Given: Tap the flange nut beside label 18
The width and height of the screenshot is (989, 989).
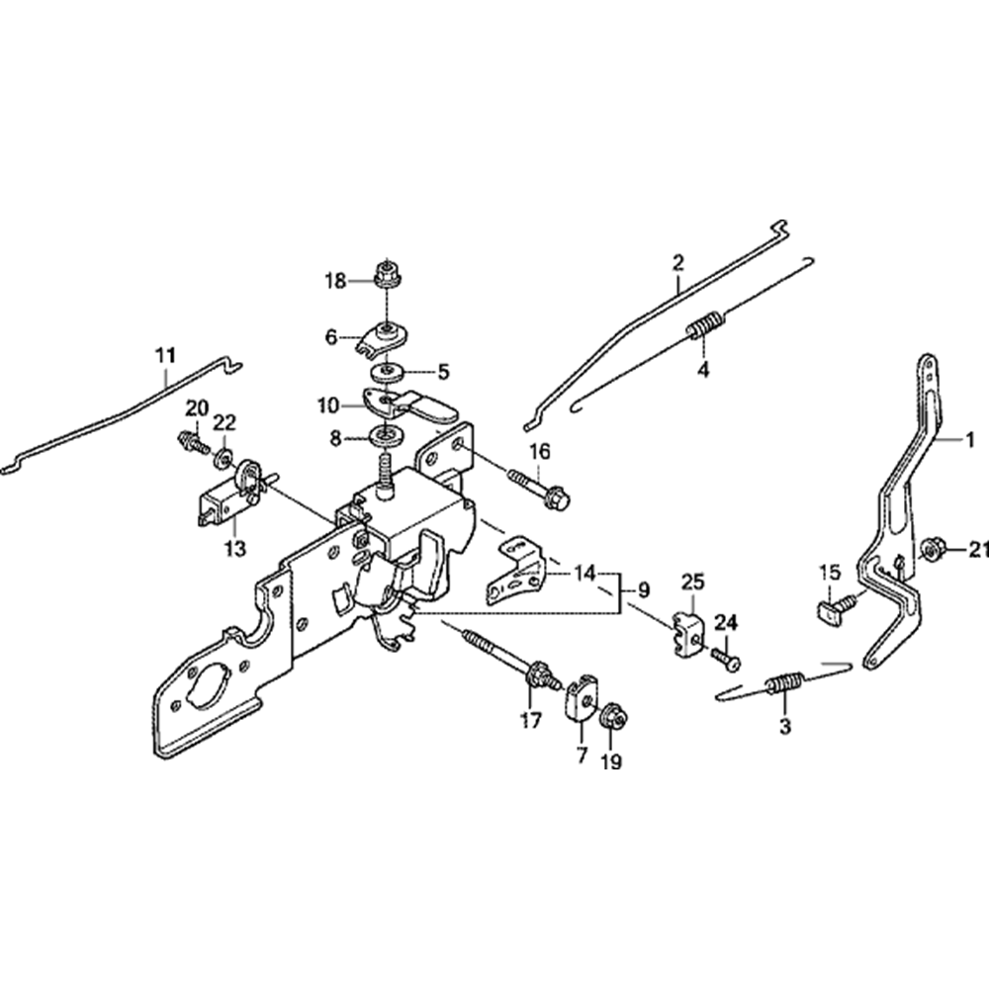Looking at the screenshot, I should (x=384, y=274).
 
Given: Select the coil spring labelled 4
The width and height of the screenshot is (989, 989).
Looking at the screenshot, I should (x=704, y=325).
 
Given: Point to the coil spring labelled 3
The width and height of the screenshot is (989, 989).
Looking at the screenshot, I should (x=784, y=683).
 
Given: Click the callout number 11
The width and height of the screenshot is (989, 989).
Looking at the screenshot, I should (x=164, y=353).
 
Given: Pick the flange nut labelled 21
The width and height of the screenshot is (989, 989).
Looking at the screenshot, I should (x=930, y=550).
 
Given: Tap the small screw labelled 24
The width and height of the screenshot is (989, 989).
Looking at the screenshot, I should (x=721, y=655).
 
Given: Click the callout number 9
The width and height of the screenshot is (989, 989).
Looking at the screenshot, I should (x=643, y=590).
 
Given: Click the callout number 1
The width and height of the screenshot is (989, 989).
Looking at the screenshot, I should (x=969, y=437).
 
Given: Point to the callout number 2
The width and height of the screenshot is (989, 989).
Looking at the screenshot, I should (x=677, y=263).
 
